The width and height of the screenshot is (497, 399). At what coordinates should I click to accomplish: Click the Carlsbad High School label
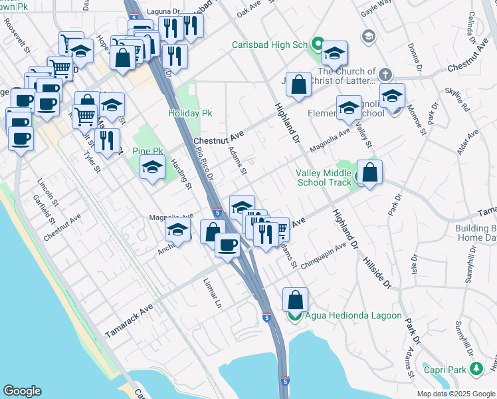pos(270,45)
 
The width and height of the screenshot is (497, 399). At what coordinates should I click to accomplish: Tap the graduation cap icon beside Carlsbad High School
pos(335,53)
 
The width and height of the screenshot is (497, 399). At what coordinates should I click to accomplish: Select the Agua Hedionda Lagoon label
pos(353,315)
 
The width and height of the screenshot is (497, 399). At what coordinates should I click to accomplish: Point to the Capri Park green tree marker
pos(475,368)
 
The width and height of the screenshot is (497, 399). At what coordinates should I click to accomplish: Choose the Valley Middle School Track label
pos(323,178)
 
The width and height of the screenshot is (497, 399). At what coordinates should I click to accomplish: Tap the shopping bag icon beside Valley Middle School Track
pos(370,172)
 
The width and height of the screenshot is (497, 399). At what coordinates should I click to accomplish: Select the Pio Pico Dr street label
pos(204,164)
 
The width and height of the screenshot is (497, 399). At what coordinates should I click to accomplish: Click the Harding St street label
pos(183,175)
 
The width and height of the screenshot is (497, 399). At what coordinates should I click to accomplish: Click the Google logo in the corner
pos(22,391)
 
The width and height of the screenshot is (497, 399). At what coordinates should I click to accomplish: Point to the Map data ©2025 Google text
pos(455,394)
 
